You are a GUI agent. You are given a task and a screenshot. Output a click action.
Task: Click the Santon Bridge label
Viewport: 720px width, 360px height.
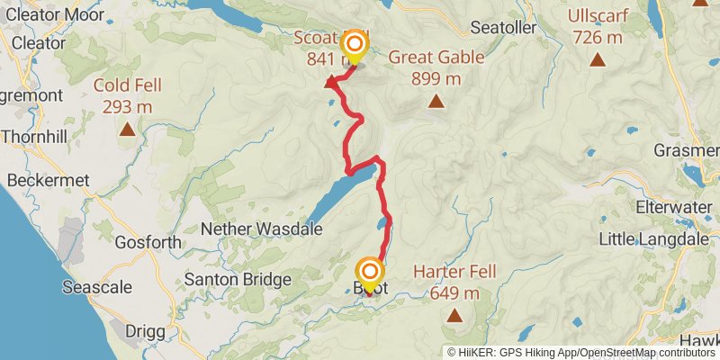coord(238,279)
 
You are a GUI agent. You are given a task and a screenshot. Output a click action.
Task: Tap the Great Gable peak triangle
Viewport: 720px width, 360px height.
coord(436,102)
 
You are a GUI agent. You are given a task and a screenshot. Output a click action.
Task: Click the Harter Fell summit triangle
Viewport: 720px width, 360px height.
coord(454,316)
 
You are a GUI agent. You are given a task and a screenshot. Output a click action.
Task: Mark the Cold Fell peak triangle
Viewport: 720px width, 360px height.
coord(127,130)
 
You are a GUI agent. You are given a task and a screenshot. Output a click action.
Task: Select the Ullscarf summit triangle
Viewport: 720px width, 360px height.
coord(597,60)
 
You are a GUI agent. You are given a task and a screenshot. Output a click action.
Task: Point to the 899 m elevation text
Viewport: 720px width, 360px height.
coord(436,79)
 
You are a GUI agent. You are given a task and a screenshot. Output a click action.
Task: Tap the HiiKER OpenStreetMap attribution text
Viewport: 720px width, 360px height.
coord(581,353)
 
